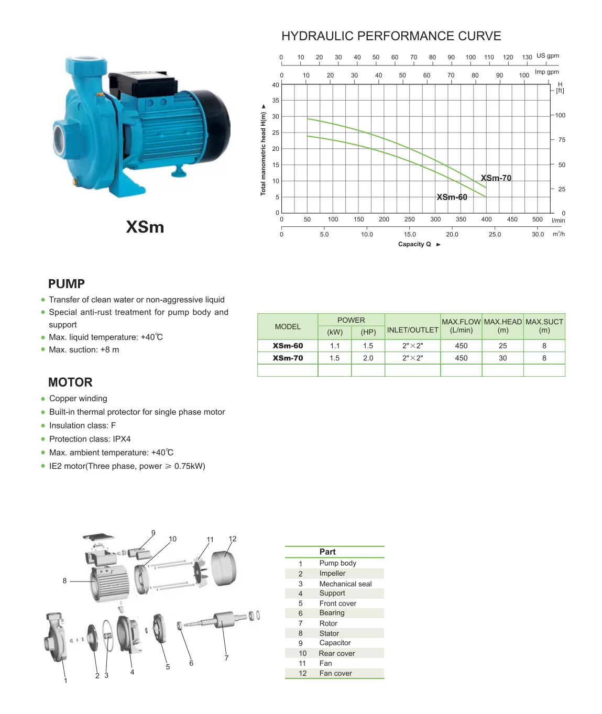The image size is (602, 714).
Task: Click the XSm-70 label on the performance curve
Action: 496,178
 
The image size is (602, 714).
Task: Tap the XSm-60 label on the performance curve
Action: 452,197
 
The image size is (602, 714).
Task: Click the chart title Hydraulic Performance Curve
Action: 391,36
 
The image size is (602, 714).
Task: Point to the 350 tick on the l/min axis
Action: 461,219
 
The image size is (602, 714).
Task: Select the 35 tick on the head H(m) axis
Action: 276,101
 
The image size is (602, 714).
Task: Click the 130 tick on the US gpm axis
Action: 527,57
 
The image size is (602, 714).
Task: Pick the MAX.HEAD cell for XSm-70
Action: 502,358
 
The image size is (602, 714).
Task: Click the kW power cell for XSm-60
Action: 334,346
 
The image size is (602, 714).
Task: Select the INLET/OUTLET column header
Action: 412,330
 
